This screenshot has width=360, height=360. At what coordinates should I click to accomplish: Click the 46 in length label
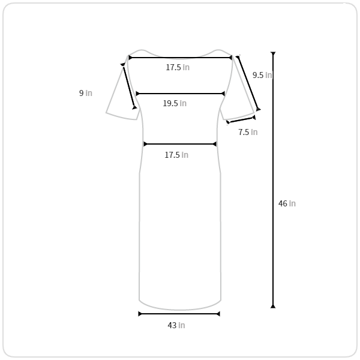(287, 203)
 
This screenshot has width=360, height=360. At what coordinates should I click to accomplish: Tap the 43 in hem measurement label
(176, 325)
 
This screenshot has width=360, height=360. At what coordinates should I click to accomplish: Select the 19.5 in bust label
(175, 103)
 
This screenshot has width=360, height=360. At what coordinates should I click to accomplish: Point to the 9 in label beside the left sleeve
(86, 93)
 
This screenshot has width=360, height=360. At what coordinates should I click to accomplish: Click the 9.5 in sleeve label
(262, 75)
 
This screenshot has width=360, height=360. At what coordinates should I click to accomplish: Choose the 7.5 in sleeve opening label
(248, 132)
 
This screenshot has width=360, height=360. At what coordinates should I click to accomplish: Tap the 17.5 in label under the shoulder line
(178, 67)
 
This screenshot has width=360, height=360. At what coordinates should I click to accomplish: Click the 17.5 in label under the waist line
(176, 155)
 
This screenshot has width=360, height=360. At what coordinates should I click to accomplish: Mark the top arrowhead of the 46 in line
(273, 53)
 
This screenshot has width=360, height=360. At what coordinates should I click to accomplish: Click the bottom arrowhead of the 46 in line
(273, 306)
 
